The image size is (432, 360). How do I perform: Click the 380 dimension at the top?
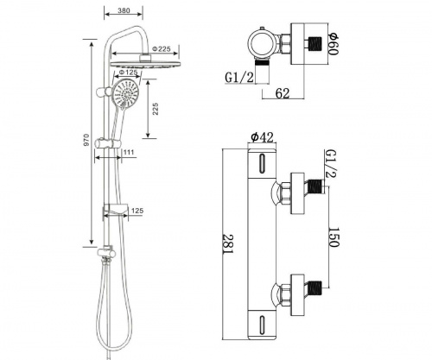pos(124,10)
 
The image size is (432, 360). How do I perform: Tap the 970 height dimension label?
pos(86,140)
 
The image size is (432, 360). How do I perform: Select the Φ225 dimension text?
pos(162,48)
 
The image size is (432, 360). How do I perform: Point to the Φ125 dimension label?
pos(128,72)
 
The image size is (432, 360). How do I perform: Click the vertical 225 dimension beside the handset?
pos(156,109)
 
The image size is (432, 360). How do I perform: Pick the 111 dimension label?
pos(129,152)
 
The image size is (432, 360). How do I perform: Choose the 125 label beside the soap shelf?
pos(137,211)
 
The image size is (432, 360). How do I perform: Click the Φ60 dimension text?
pos(334,44)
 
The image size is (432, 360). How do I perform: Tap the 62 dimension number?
pos(283,93)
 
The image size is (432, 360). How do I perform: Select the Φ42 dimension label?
pos(262,137)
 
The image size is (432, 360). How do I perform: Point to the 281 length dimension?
pos(228,244)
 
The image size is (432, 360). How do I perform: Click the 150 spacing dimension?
pos(334,237)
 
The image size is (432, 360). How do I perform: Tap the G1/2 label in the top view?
pos(239,78)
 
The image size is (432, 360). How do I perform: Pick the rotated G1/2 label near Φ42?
pos(330,163)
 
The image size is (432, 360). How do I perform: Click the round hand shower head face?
pos(126,94)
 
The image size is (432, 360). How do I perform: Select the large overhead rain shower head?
pos(146,65)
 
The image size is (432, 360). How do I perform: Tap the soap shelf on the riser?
pos(115,210)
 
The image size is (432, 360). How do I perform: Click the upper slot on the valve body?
pos(262,163)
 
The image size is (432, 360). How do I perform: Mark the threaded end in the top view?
pos(315,44)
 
